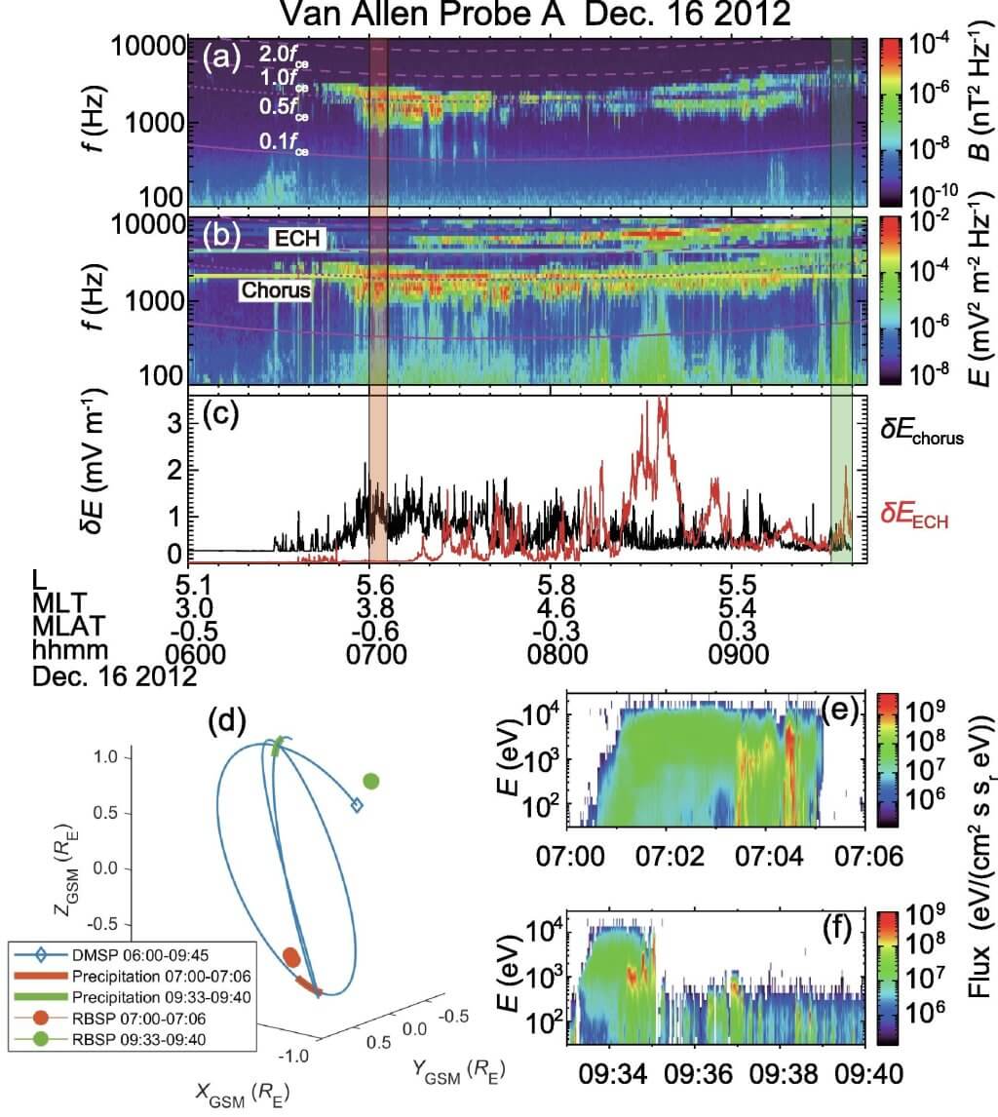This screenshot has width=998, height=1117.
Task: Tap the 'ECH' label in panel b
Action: [x=294, y=238]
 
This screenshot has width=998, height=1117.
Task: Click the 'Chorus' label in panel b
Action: [x=276, y=289]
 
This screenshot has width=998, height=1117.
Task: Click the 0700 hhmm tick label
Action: [x=377, y=653]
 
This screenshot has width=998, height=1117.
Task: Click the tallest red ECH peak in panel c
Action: [x=665, y=402]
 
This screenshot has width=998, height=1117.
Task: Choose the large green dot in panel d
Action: [x=370, y=780]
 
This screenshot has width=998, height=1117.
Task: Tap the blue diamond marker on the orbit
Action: [x=357, y=804]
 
